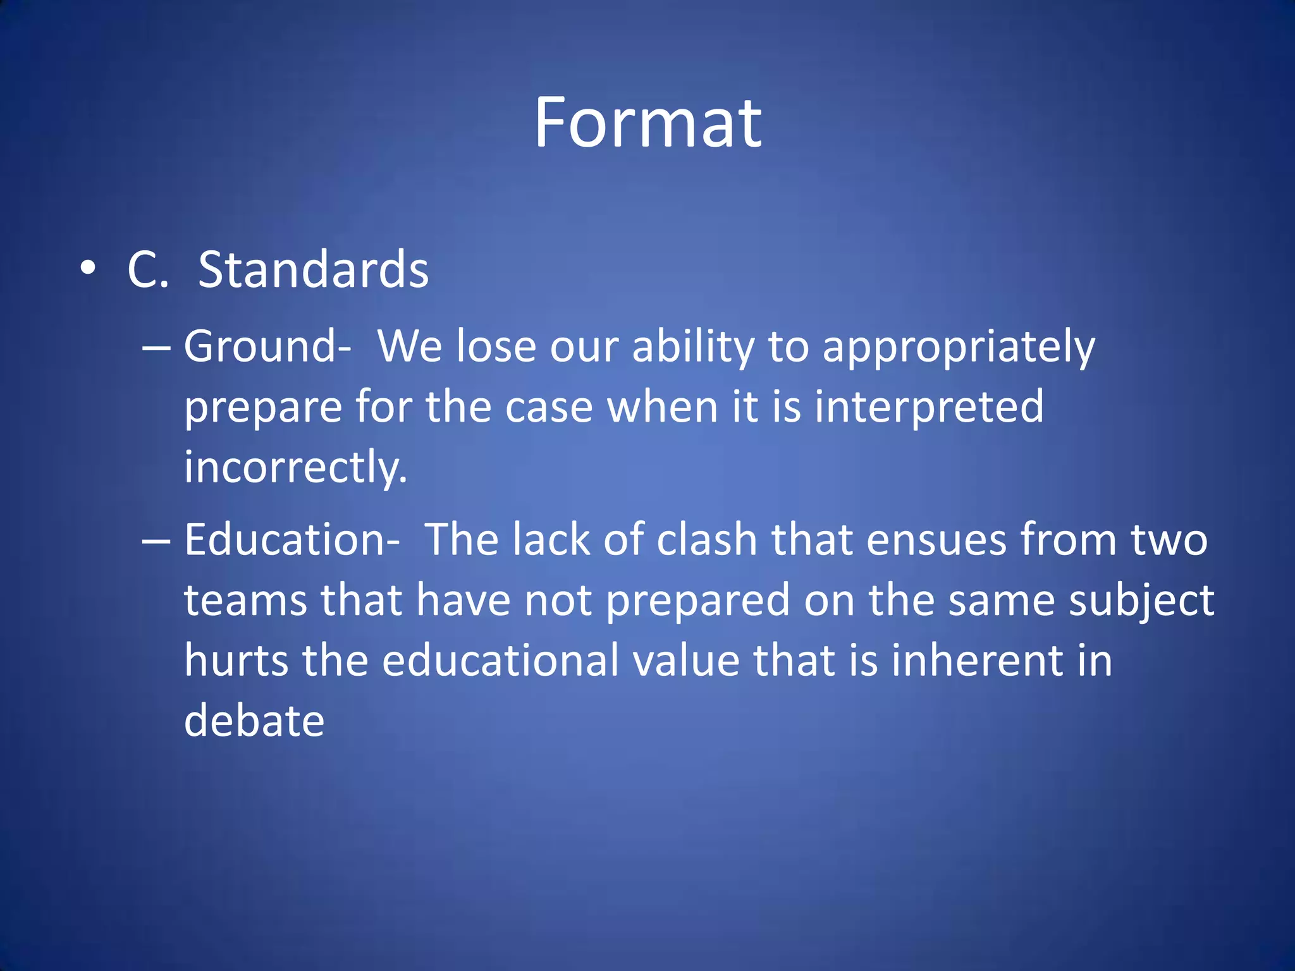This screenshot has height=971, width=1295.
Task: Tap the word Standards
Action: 313,270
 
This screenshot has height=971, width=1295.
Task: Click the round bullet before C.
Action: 89,269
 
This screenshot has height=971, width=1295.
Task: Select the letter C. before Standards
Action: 148,271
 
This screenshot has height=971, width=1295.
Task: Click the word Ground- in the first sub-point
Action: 267,346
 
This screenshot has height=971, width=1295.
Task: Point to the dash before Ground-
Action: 156,348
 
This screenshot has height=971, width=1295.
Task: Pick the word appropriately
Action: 958,348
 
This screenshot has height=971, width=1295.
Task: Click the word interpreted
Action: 929,407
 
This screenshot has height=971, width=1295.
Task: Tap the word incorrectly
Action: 295,468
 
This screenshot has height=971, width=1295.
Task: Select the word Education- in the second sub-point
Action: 292,540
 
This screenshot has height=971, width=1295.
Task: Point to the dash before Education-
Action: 156,541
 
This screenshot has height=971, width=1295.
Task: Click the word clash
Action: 706,540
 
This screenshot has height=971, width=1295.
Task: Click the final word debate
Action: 254,721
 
